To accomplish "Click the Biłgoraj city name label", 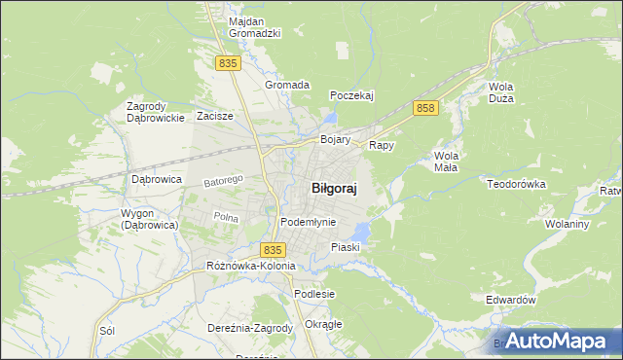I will tap(333, 190).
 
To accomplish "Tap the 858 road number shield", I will tap(423, 108).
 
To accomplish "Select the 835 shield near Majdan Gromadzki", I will tap(228, 63).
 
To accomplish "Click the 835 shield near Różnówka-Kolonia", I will tap(274, 250).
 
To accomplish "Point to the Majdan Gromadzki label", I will tap(254, 26).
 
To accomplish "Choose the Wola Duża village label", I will tap(501, 92).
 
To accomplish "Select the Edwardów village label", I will tap(511, 300).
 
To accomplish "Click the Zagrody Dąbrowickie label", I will tap(156, 112).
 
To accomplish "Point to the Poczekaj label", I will tap(352, 95).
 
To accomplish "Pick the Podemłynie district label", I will tap(308, 222).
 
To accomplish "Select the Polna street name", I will tap(226, 218).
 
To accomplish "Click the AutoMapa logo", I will tap(556, 341).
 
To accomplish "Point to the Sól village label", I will tap(107, 331).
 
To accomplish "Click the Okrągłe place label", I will tap(323, 324).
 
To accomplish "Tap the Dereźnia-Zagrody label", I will tap(250, 328).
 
